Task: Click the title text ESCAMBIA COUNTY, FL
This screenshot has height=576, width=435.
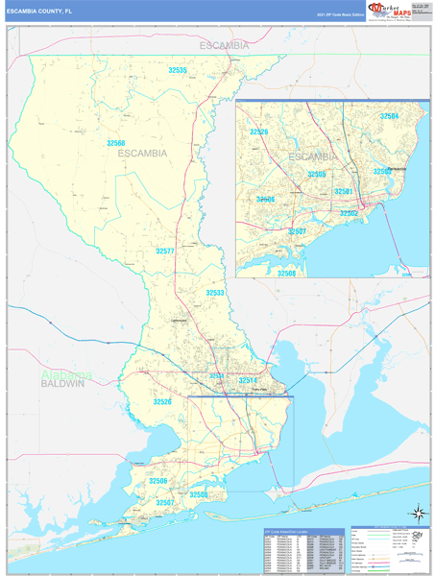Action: [44, 10]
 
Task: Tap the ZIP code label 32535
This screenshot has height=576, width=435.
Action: [178, 70]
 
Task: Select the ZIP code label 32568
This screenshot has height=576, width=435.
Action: [116, 143]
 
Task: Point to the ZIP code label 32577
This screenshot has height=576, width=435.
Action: [165, 251]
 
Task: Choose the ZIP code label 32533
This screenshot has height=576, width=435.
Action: [215, 292]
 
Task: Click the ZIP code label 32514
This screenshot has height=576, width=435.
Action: [249, 381]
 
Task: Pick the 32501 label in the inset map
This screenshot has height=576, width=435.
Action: [345, 191]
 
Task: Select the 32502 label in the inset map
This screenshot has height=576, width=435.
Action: [348, 213]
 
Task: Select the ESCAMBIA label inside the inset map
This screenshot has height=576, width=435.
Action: [312, 156]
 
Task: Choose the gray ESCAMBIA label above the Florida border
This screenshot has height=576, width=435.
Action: [224, 45]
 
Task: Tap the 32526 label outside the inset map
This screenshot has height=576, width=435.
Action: [162, 402]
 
